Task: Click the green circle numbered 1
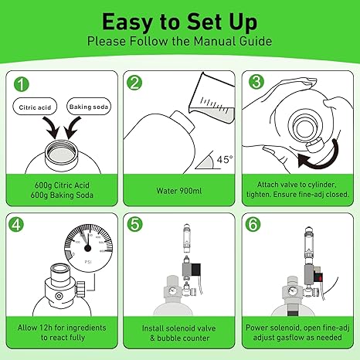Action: coord(22,84)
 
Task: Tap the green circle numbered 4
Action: coord(16,224)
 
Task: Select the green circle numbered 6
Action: coord(253,224)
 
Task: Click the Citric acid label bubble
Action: coord(35,107)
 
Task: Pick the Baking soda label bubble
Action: coord(89,106)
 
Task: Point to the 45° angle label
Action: coord(225,159)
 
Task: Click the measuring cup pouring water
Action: coord(212,98)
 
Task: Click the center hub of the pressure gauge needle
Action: coord(88,248)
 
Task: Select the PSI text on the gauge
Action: coord(88,262)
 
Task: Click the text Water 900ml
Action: coord(179,191)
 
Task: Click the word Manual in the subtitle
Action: coord(215,41)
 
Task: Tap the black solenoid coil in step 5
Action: coord(196,270)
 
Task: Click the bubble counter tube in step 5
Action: coord(187,239)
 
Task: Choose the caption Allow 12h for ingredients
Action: coord(62,328)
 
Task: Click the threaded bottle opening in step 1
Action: coord(62,154)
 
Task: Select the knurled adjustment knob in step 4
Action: coord(81,288)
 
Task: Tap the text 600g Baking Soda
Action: coord(62,195)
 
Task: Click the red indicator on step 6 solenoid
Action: coord(319,277)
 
